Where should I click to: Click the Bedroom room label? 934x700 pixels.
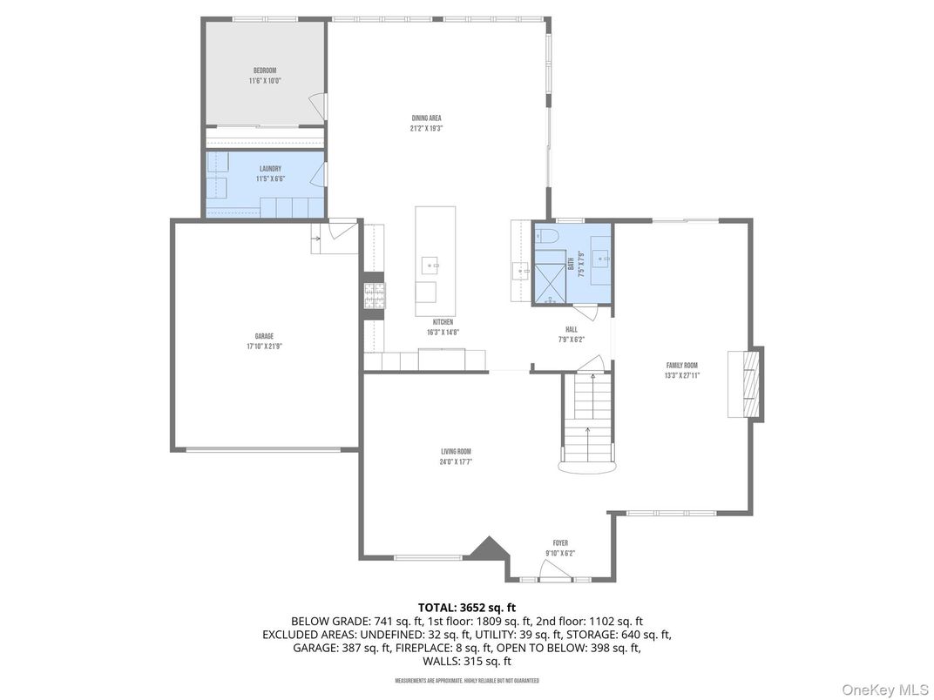click(x=265, y=71)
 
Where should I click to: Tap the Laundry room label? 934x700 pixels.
click(x=270, y=169)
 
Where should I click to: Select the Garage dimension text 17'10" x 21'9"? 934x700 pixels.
click(x=264, y=346)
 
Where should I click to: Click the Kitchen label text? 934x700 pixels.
click(x=443, y=322)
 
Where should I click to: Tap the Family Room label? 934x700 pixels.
click(x=681, y=366)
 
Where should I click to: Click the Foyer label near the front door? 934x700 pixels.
click(x=560, y=543)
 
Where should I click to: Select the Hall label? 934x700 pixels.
click(x=571, y=329)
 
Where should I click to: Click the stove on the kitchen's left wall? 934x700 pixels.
click(x=374, y=295)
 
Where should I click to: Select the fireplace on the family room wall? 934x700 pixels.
click(x=746, y=383)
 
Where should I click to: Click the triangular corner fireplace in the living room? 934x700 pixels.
click(x=489, y=549)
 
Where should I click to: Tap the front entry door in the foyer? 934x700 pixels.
click(x=555, y=571)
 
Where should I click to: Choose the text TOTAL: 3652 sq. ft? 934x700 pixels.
click(x=467, y=607)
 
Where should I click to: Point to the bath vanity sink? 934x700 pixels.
click(x=599, y=258)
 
